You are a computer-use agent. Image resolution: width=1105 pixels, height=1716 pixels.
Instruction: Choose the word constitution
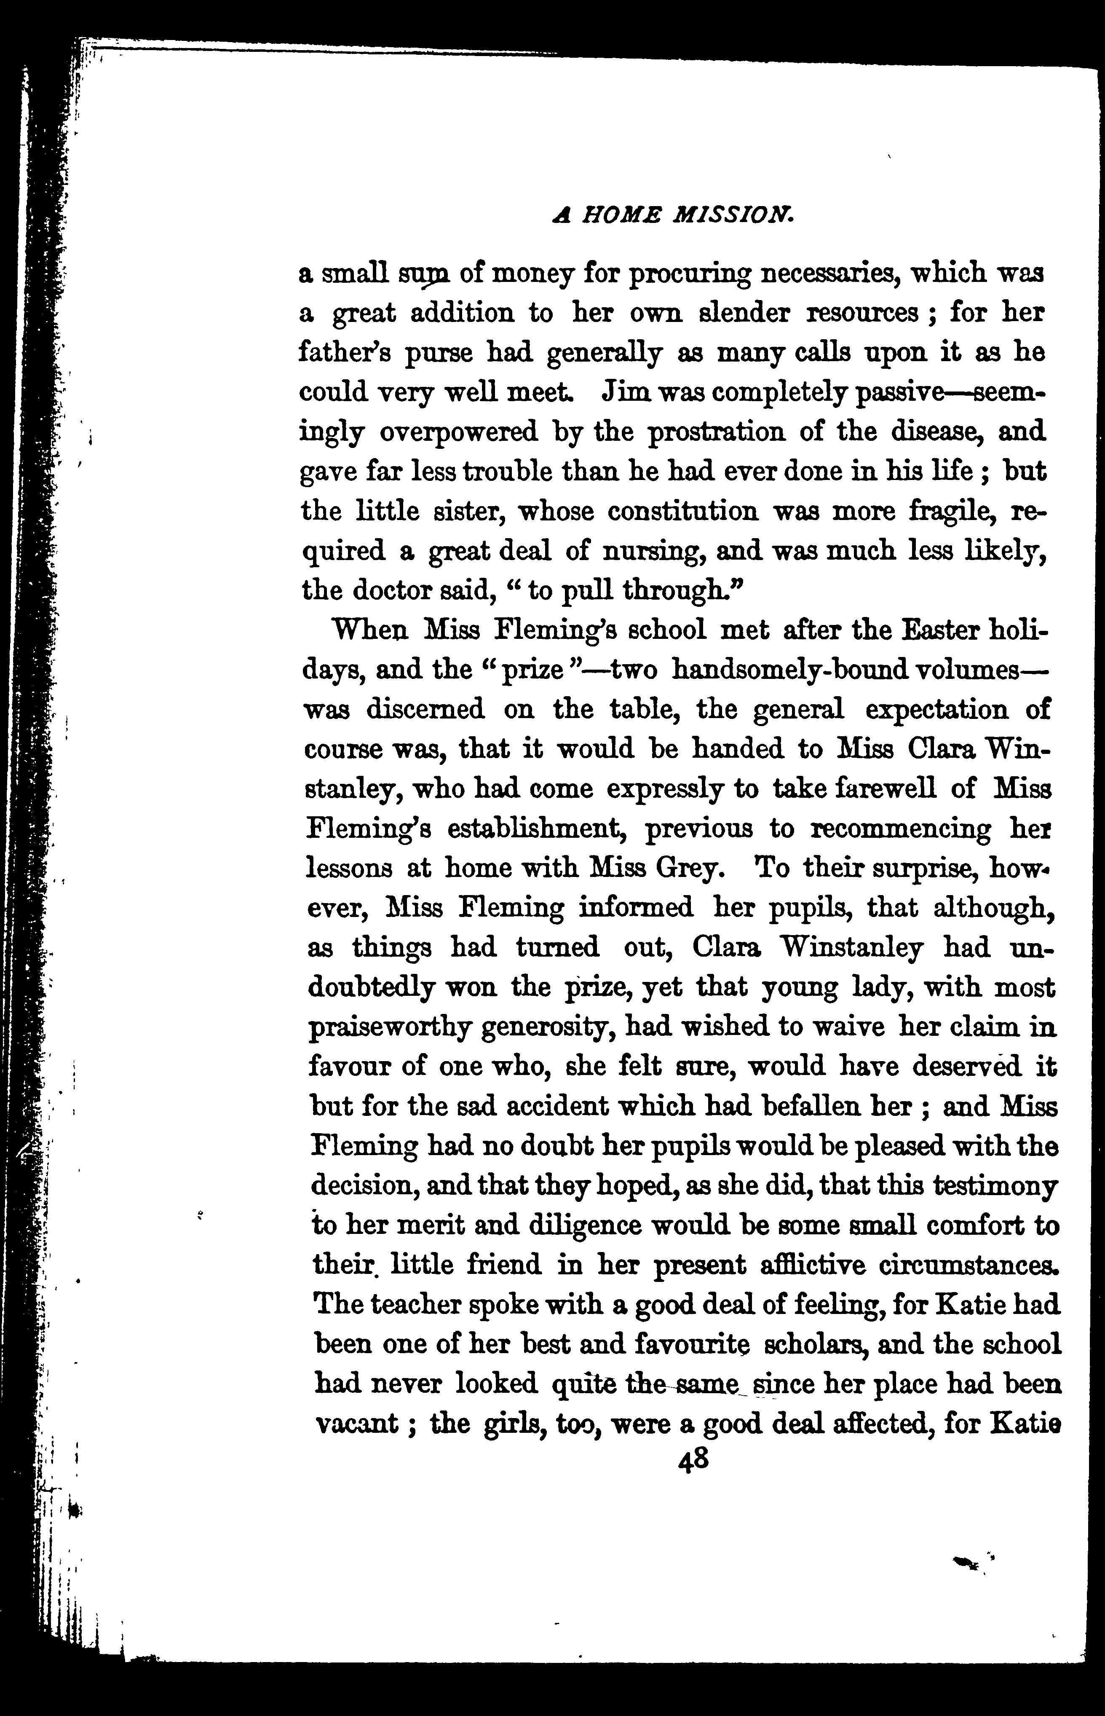(x=682, y=512)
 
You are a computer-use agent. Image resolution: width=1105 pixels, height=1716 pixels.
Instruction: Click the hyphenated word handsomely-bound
(x=783, y=670)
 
